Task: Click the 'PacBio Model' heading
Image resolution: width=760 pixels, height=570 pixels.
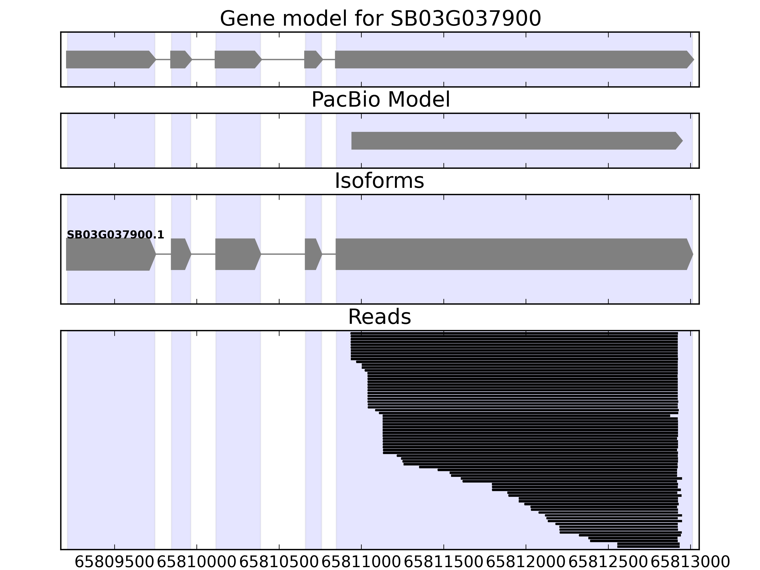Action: [x=380, y=100]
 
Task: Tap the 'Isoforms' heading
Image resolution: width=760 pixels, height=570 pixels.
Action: [x=379, y=181]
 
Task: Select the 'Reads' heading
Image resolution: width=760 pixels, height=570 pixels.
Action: [x=379, y=317]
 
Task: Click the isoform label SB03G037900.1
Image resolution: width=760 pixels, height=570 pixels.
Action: [x=115, y=235]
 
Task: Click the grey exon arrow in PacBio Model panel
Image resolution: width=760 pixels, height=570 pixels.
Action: [x=515, y=141]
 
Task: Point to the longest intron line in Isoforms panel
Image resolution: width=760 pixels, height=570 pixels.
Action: [x=283, y=254]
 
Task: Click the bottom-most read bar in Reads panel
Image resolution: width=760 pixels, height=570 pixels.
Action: [x=648, y=546]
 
